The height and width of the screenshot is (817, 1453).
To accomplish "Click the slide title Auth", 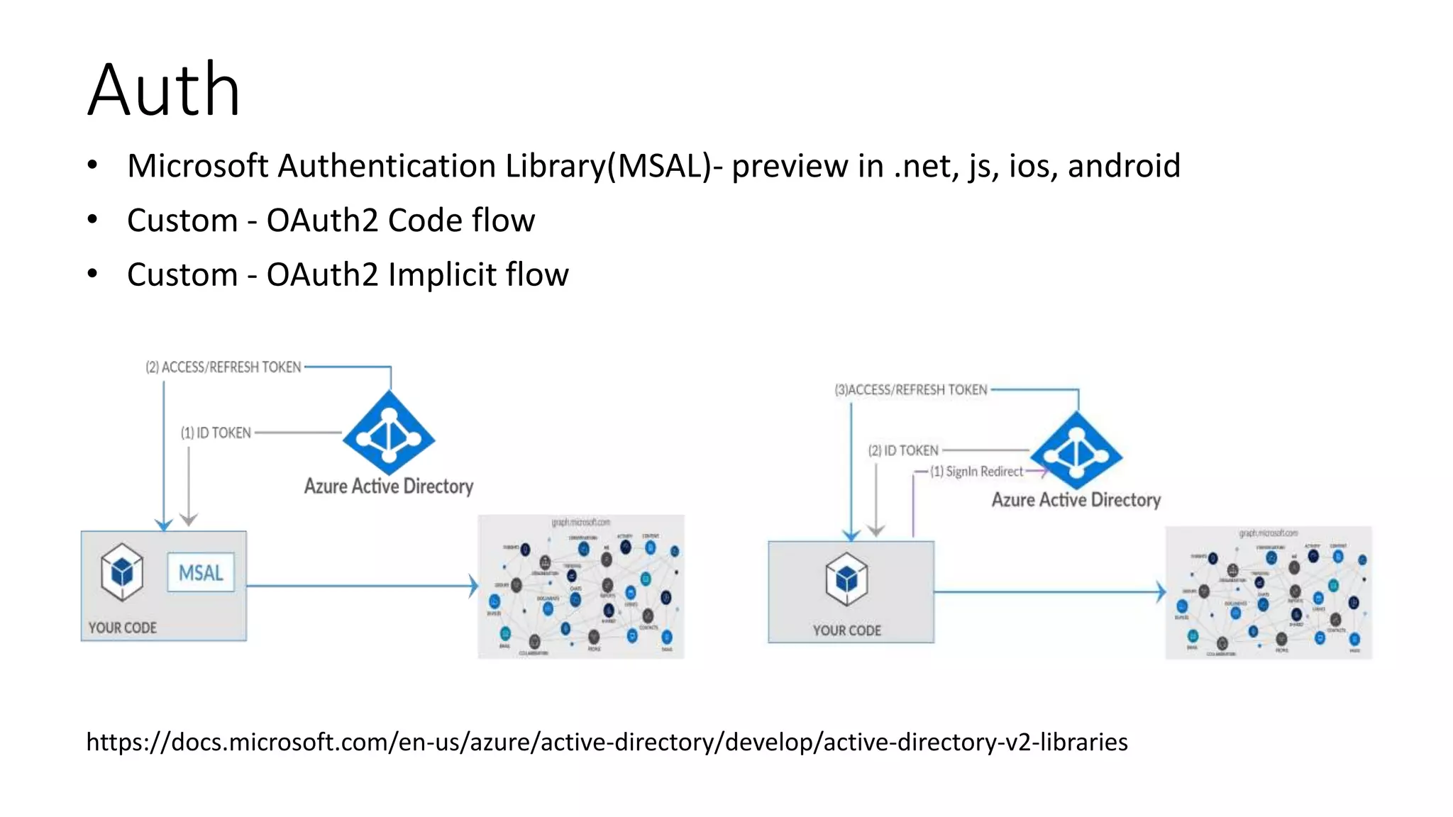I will [x=164, y=90].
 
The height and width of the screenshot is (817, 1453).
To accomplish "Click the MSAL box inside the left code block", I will [x=201, y=572].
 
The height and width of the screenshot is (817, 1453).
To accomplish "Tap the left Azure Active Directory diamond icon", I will [x=389, y=433].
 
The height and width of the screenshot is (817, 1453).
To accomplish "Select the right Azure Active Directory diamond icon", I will [x=1076, y=451].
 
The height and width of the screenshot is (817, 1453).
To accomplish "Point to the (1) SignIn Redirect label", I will [x=977, y=472].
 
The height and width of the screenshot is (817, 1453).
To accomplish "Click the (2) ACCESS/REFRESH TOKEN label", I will [x=223, y=367].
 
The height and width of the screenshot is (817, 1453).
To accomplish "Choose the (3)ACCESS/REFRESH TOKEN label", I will [x=911, y=390].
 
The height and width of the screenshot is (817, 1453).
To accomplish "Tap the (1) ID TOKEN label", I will [x=216, y=433].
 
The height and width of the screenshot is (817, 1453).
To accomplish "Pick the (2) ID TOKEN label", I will [x=903, y=450].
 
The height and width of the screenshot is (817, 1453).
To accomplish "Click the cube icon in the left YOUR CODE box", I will [x=122, y=572].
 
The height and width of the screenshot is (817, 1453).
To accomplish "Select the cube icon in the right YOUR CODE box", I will [x=846, y=579].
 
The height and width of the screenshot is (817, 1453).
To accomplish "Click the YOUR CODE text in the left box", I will [x=123, y=628].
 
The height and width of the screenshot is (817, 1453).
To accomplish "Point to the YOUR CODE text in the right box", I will [x=846, y=630].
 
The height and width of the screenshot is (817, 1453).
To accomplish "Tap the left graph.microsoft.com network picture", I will [x=581, y=587].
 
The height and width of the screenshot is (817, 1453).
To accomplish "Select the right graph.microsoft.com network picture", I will [x=1269, y=593].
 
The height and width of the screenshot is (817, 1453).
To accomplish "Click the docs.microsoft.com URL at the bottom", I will [x=607, y=742].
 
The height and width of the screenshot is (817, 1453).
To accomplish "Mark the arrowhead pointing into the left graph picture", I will [x=474, y=587].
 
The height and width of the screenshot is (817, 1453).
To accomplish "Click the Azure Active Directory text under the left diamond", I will [x=389, y=487].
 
